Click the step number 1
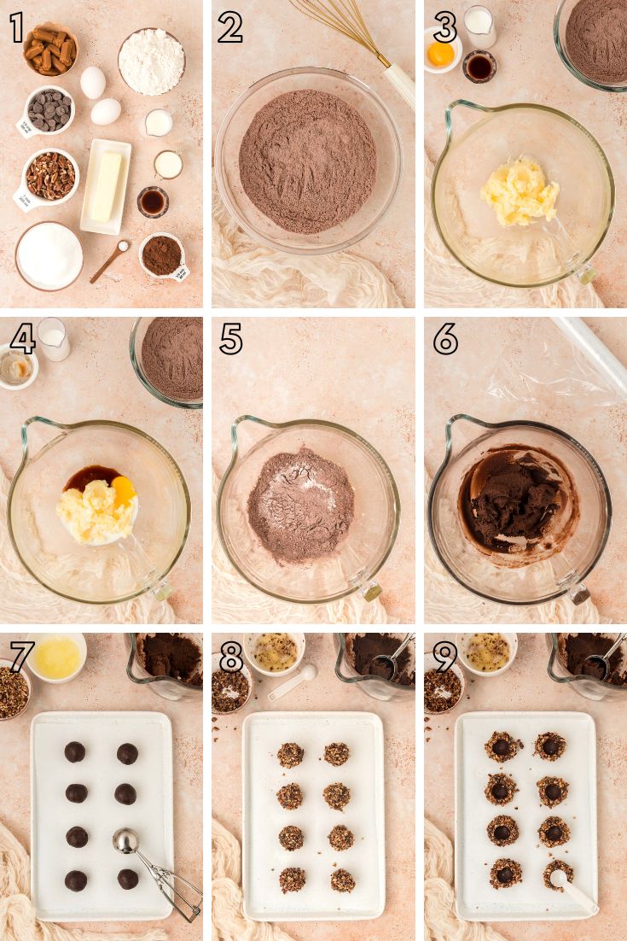coord(17,27)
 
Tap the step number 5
coord(231,339)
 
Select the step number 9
coord(444,658)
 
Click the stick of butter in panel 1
coord(106,186)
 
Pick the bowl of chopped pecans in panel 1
coord(50,176)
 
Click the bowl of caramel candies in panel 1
coord(50,50)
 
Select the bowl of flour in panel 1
coord(151,61)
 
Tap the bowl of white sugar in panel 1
coord(49,255)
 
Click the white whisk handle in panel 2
coord(400,85)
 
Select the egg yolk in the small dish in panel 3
coord(440,55)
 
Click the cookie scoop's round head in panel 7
coord(125,841)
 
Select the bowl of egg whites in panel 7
coord(56,658)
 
